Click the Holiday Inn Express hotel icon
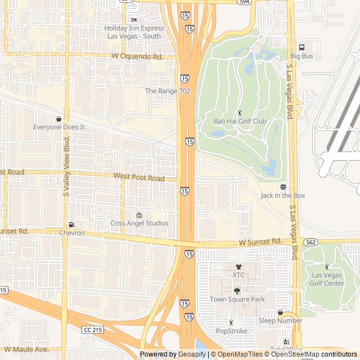pyautogui.click(x=134, y=20)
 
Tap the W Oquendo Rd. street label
pyautogui.click(x=137, y=57)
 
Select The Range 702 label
pyautogui.click(x=168, y=91)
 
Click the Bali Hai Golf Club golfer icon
pyautogui.click(x=240, y=112)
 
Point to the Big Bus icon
pyautogui.click(x=301, y=48)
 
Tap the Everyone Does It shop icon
pyautogui.click(x=59, y=119)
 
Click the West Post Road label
pyautogui.click(x=139, y=178)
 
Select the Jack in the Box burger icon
pyautogui.click(x=283, y=187)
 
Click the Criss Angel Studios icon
pyautogui.click(x=139, y=215)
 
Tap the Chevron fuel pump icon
pyautogui.click(x=71, y=224)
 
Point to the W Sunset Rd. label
pyautogui.click(x=260, y=241)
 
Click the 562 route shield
pyautogui.click(x=310, y=242)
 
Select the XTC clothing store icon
pyautogui.click(x=238, y=267)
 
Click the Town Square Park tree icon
pyautogui.click(x=237, y=291)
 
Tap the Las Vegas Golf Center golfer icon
pyautogui.click(x=327, y=267)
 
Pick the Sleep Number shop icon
pyautogui.click(x=280, y=312)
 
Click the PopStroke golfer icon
pyautogui.click(x=231, y=323)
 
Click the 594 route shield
pyautogui.click(x=243, y=2)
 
